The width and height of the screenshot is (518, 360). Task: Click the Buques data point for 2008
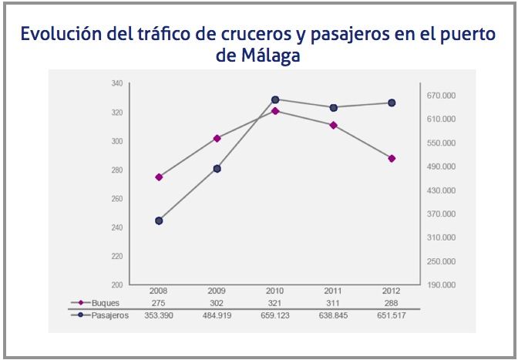pyautogui.click(x=159, y=177)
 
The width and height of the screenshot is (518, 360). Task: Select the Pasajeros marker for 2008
pyautogui.click(x=159, y=221)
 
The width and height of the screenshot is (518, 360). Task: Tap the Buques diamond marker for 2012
pyautogui.click(x=392, y=158)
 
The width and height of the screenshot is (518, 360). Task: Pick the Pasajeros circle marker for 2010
pyautogui.click(x=275, y=99)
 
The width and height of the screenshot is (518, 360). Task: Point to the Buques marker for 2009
pyautogui.click(x=217, y=138)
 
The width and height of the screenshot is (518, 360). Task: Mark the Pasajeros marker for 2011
pyautogui.click(x=333, y=107)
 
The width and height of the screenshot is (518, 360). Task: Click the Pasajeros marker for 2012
pyautogui.click(x=392, y=103)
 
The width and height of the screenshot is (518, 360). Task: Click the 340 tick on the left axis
pyautogui.click(x=117, y=83)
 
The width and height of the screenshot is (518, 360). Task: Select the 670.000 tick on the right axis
pyautogui.click(x=443, y=96)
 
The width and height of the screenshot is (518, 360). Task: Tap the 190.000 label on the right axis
pyautogui.click(x=443, y=285)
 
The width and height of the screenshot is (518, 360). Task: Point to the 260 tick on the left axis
pyautogui.click(x=117, y=199)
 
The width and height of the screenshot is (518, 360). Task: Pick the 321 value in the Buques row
pyautogui.click(x=275, y=304)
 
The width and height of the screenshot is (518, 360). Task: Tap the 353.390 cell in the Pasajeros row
pyautogui.click(x=159, y=315)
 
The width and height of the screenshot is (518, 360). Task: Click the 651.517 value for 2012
pyautogui.click(x=392, y=315)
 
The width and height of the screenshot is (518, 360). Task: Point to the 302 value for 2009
pyautogui.click(x=217, y=304)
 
